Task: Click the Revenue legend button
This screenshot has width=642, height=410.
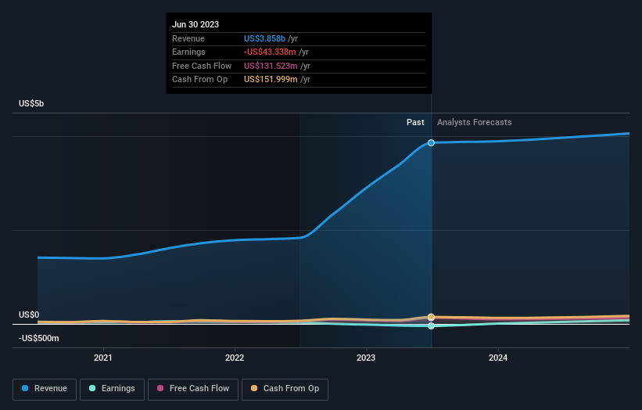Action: [x=44, y=389]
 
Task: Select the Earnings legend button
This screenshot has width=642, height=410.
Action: [x=112, y=389]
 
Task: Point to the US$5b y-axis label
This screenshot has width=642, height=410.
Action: [x=32, y=104]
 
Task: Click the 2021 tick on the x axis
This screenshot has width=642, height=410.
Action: [x=103, y=358]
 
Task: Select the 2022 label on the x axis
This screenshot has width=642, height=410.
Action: [x=235, y=358]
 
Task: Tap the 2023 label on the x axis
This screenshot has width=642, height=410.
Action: [x=366, y=358]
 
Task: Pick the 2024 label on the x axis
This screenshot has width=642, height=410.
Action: [x=498, y=358]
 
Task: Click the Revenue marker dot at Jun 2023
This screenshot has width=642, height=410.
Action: [x=431, y=143]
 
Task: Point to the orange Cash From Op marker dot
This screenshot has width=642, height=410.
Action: [x=431, y=317]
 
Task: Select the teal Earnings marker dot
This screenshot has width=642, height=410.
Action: [x=431, y=325]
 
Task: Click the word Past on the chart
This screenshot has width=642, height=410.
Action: [x=415, y=122]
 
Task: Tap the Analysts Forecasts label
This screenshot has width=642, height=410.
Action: [x=475, y=122]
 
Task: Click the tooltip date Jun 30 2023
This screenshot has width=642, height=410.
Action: [x=195, y=24]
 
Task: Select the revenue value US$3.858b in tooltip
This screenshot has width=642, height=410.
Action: [x=265, y=38]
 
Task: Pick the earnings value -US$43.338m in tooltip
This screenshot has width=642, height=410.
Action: [x=271, y=52]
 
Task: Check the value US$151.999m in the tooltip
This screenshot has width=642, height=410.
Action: [x=271, y=79]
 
